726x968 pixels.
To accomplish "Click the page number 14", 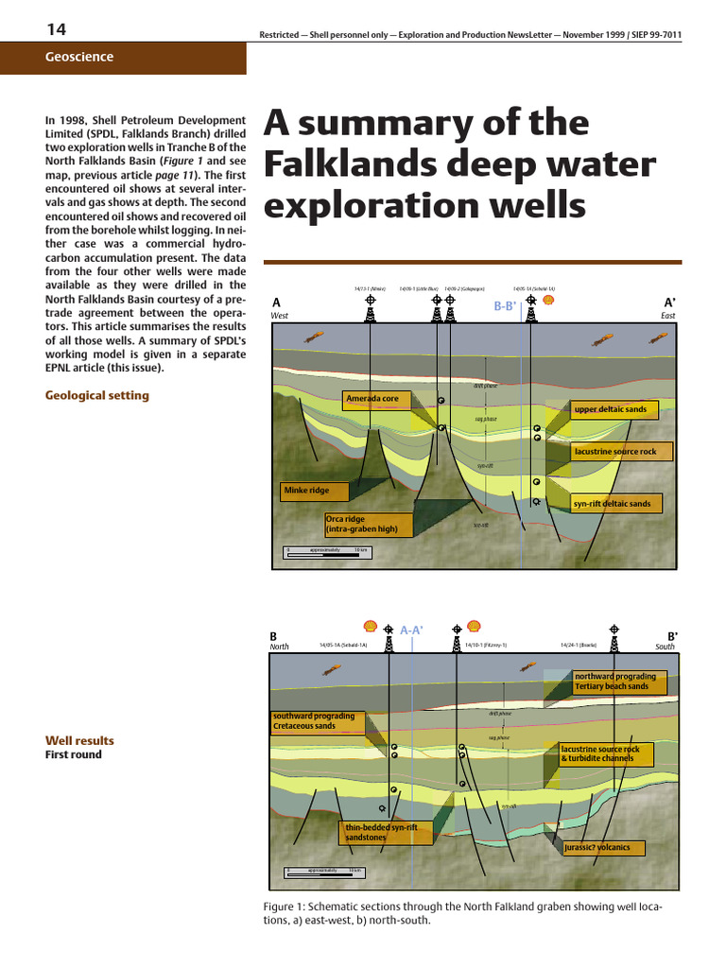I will pyautogui.click(x=56, y=29).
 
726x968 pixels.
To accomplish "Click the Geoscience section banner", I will pyautogui.click(x=79, y=57).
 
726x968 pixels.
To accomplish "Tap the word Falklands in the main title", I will pyautogui.click(x=355, y=164).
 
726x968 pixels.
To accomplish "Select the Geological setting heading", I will pyautogui.click(x=97, y=395).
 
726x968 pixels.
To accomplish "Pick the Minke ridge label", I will pyautogui.click(x=316, y=492).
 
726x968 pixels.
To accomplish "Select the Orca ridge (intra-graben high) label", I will pyautogui.click(x=368, y=525).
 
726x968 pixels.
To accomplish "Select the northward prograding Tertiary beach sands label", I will pyautogui.click(x=619, y=682).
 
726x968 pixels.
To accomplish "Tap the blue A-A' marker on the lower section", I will pyautogui.click(x=411, y=630).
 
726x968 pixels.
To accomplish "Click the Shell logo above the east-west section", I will pyautogui.click(x=547, y=301).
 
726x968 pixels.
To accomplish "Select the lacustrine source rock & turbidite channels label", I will pyautogui.click(x=606, y=753).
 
